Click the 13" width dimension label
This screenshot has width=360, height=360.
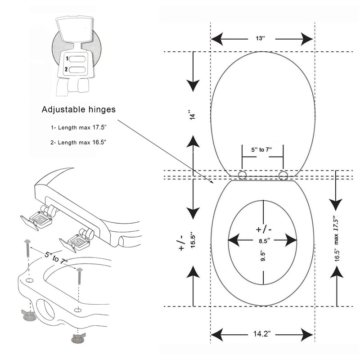[x=261, y=38]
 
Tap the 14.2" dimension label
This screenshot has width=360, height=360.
[x=262, y=333]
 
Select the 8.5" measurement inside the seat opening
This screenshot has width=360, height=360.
[x=264, y=241]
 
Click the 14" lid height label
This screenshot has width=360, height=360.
[x=193, y=114]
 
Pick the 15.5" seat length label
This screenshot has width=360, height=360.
[x=193, y=241]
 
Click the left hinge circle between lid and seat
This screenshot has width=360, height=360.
[x=242, y=175]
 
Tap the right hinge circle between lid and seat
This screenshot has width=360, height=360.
[x=283, y=175]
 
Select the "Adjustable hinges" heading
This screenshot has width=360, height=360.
[x=78, y=109]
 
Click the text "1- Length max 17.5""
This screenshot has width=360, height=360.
[x=78, y=127]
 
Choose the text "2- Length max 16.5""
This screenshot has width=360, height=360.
[x=78, y=142]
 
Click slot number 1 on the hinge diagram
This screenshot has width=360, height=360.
[x=77, y=59]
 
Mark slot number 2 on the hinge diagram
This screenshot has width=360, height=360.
[x=77, y=69]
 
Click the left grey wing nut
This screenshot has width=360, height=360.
[x=29, y=314]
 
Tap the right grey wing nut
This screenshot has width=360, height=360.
[x=78, y=338]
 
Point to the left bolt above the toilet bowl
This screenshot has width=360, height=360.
[x=27, y=248]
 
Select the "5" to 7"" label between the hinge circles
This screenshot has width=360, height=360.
[x=261, y=150]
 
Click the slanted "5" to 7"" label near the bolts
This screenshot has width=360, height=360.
[x=56, y=258]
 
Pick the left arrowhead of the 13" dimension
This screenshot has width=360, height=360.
[x=217, y=39]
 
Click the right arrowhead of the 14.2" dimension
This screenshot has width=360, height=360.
[x=307, y=335]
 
